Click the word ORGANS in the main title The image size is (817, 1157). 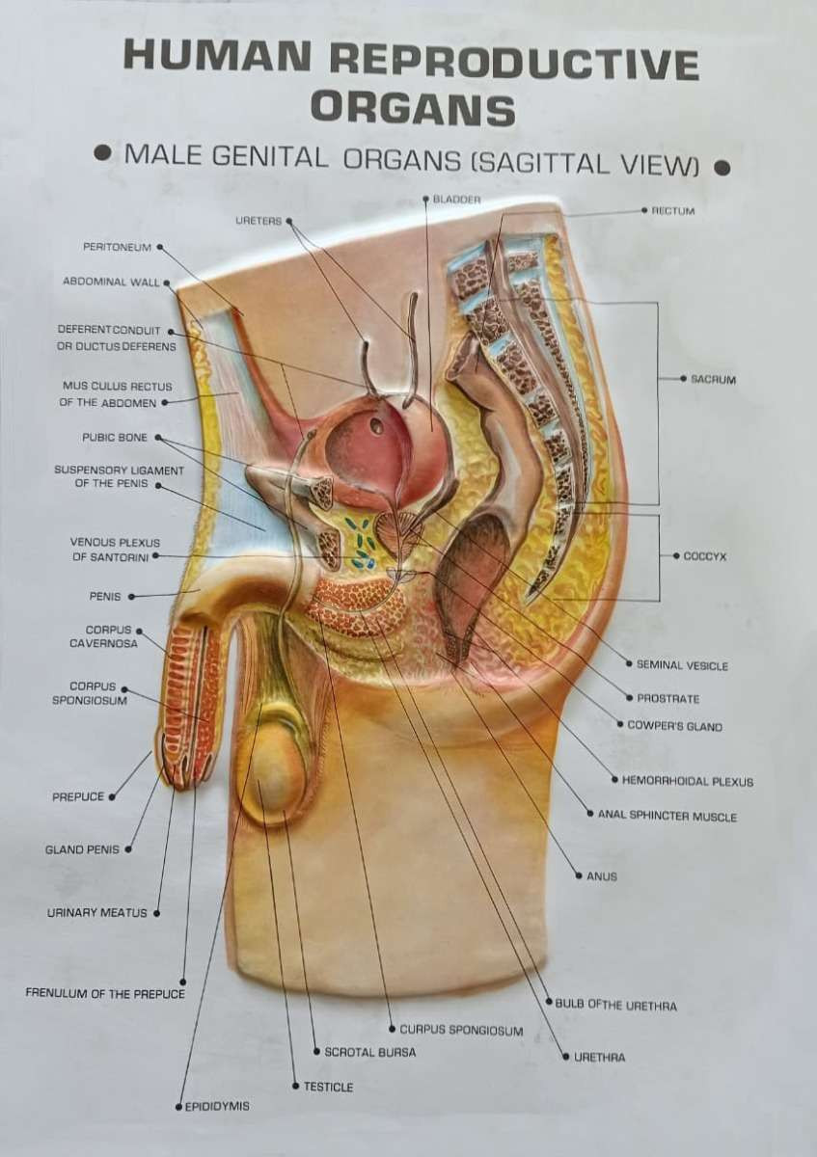(412, 108)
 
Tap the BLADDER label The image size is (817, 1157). (456, 199)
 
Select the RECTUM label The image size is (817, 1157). (673, 209)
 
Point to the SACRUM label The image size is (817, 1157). (713, 379)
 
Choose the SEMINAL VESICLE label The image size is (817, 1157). (682, 665)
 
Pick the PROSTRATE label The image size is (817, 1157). (668, 698)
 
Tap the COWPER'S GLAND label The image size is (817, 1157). (674, 726)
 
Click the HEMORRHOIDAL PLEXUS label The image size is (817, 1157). (688, 782)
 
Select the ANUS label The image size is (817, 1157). (602, 876)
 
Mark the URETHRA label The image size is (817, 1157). (600, 1057)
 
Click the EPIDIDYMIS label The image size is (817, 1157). (217, 1106)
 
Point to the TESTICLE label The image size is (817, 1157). (328, 1087)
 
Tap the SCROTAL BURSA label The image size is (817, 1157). (370, 1052)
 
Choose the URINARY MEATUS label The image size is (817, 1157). (97, 912)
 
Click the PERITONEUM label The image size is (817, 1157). (118, 247)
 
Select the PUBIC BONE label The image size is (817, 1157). (115, 438)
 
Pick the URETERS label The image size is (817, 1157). (259, 221)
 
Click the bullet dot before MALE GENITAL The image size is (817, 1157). (100, 153)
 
